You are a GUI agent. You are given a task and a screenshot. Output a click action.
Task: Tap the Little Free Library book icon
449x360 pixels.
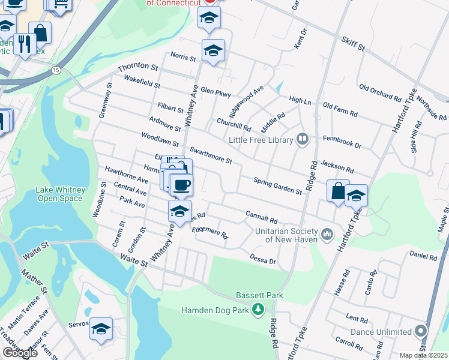pyautogui.click(x=303, y=140)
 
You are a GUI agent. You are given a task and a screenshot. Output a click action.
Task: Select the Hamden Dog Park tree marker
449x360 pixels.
pyautogui.click(x=258, y=310)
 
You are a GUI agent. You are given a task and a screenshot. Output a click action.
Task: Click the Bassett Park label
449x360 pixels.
pyautogui.click(x=259, y=296)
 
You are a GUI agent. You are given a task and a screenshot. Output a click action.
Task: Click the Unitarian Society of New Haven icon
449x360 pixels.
pyautogui.click(x=327, y=233)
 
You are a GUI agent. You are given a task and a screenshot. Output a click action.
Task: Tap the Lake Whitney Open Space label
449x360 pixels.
pyautogui.click(x=59, y=194)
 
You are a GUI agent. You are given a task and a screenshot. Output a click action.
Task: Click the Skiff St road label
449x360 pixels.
pyautogui.click(x=353, y=43)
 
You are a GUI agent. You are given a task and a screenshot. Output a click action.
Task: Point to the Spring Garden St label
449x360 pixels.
pyautogui.click(x=277, y=186)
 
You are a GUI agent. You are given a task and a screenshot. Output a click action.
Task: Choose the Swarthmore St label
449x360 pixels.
pyautogui.click(x=210, y=155)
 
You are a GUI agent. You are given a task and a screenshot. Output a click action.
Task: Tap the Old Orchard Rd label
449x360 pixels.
pyautogui.click(x=380, y=92)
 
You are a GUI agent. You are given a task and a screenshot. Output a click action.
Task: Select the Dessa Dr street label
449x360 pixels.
pyautogui.click(x=263, y=258)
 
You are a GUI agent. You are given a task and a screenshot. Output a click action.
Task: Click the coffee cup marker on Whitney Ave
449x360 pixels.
pyautogui.click(x=181, y=184)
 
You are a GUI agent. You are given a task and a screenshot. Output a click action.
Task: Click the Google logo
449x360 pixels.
pyautogui.click(x=20, y=353)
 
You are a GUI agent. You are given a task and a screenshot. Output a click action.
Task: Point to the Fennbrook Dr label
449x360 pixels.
pyautogui.click(x=342, y=145)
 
